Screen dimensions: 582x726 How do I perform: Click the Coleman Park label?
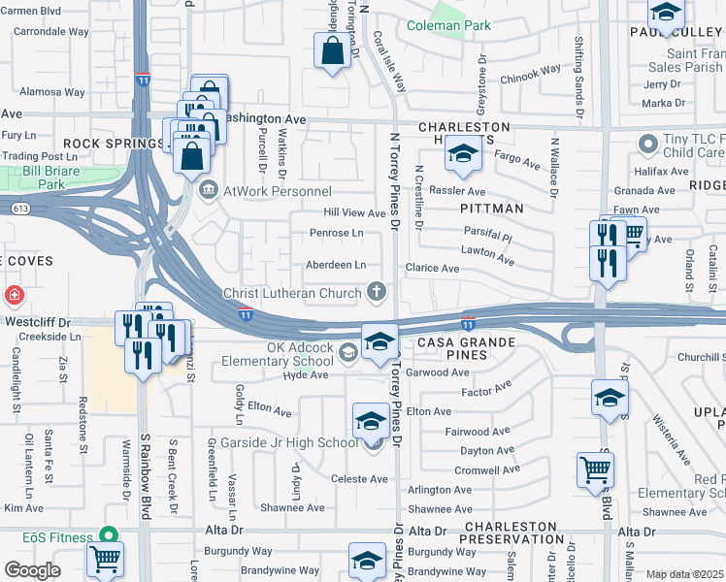(x=448, y=26)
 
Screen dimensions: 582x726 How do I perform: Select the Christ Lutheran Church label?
(x=292, y=292)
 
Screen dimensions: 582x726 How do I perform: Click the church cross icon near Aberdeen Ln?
(x=377, y=291)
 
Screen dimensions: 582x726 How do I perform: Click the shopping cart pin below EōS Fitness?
(x=105, y=561)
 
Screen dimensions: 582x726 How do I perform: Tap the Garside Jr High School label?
(x=302, y=442)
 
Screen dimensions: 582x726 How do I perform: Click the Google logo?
(x=32, y=569)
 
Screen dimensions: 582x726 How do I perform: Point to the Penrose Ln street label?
(x=336, y=233)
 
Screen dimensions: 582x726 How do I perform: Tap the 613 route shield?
(x=18, y=208)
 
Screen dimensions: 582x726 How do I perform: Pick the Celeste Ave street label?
(x=359, y=479)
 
